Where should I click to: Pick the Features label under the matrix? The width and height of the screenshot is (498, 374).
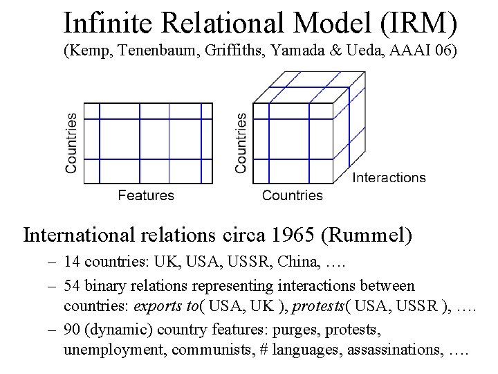(x=146, y=195)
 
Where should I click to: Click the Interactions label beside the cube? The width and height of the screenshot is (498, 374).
(x=389, y=178)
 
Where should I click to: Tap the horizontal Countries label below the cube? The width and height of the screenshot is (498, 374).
(x=292, y=195)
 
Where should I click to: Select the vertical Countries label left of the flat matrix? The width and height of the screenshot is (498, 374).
(x=71, y=143)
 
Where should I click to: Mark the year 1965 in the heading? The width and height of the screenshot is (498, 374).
(x=295, y=235)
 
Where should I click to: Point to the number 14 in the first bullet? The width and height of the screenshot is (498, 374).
(x=71, y=262)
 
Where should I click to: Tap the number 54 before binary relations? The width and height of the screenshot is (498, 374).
(x=71, y=285)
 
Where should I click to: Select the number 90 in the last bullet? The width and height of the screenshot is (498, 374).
(x=71, y=330)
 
